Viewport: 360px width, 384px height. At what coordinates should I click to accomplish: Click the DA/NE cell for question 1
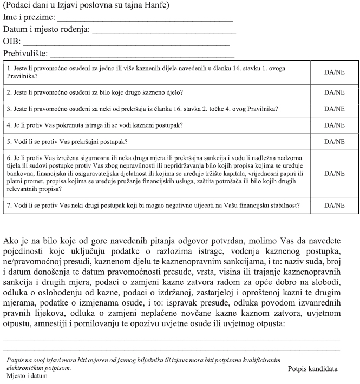click(x=334, y=72)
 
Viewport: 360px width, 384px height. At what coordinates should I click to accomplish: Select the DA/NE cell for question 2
click(x=334, y=92)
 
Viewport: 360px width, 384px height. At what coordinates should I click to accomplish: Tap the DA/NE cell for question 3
click(x=334, y=109)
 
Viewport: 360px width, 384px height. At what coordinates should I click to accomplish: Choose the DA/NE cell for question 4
click(x=334, y=125)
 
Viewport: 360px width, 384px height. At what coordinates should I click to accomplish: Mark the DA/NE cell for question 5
click(x=334, y=142)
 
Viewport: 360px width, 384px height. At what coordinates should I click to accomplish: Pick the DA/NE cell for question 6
click(x=334, y=174)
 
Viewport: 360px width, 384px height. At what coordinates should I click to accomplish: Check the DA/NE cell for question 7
click(x=334, y=206)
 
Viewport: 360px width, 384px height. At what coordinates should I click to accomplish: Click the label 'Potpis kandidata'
click(x=312, y=369)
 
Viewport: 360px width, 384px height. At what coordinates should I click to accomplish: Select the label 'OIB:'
click(x=12, y=42)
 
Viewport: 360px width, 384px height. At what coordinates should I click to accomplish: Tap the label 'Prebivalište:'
click(x=25, y=54)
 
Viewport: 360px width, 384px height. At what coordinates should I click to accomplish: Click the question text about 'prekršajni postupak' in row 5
click(x=67, y=142)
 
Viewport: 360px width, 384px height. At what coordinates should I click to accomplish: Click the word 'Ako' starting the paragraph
click(x=11, y=242)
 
